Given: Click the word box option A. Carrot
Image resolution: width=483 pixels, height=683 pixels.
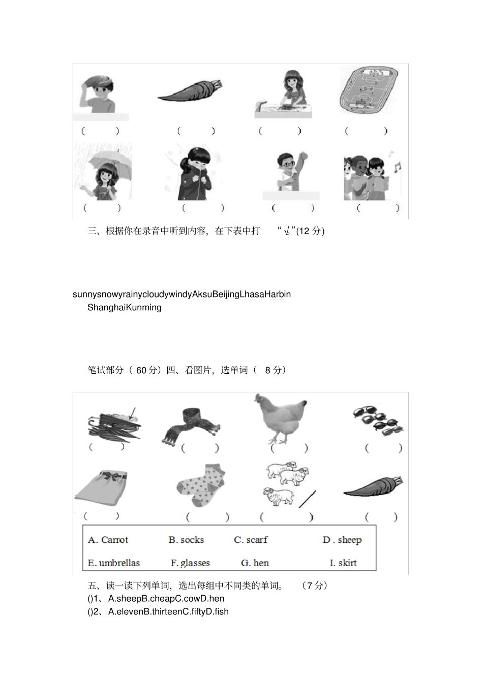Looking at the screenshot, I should pyautogui.click(x=108, y=540).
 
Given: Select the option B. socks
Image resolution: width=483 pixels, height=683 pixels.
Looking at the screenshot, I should pyautogui.click(x=186, y=540).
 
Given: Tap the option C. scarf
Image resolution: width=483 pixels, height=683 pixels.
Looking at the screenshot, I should pyautogui.click(x=251, y=540).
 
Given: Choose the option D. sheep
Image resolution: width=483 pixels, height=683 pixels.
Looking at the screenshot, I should pyautogui.click(x=342, y=540).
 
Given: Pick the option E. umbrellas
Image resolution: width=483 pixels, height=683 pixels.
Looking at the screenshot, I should pyautogui.click(x=113, y=563).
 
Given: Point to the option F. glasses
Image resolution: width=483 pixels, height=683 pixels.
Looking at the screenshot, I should pyautogui.click(x=190, y=563).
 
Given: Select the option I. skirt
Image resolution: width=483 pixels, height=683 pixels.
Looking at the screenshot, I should pyautogui.click(x=343, y=563).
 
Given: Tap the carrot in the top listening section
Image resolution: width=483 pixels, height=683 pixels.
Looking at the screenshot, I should pyautogui.click(x=190, y=91).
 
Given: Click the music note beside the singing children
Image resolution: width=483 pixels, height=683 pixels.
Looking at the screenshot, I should pyautogui.click(x=397, y=167).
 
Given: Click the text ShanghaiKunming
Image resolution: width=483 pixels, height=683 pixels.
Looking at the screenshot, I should pyautogui.click(x=125, y=307).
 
